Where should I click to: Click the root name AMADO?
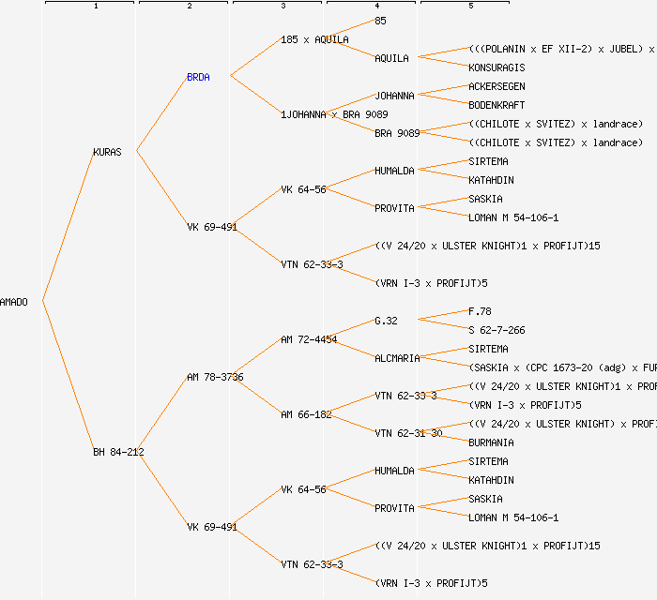[x=14, y=302]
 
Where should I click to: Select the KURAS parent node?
[x=107, y=152]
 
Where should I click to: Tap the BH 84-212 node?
[x=118, y=452]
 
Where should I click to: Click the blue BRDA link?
[x=198, y=77]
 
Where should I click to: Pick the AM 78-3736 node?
[x=215, y=377]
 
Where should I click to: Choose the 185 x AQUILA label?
[x=314, y=39]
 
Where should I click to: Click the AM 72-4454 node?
[x=309, y=339]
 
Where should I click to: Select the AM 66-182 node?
[x=306, y=414]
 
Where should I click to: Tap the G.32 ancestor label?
[x=386, y=321]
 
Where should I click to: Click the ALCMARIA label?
[x=397, y=358]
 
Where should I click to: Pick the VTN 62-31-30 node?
[x=408, y=433]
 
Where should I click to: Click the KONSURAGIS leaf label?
[x=497, y=67]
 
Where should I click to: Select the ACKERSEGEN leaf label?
[x=497, y=86]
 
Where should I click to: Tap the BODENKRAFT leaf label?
[x=497, y=105]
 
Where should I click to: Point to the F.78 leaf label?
[x=480, y=311]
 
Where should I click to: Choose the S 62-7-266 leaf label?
[x=497, y=330]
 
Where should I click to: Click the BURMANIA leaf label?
[x=491, y=442]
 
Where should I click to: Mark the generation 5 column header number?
[x=471, y=7]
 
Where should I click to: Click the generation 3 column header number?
[x=283, y=7]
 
